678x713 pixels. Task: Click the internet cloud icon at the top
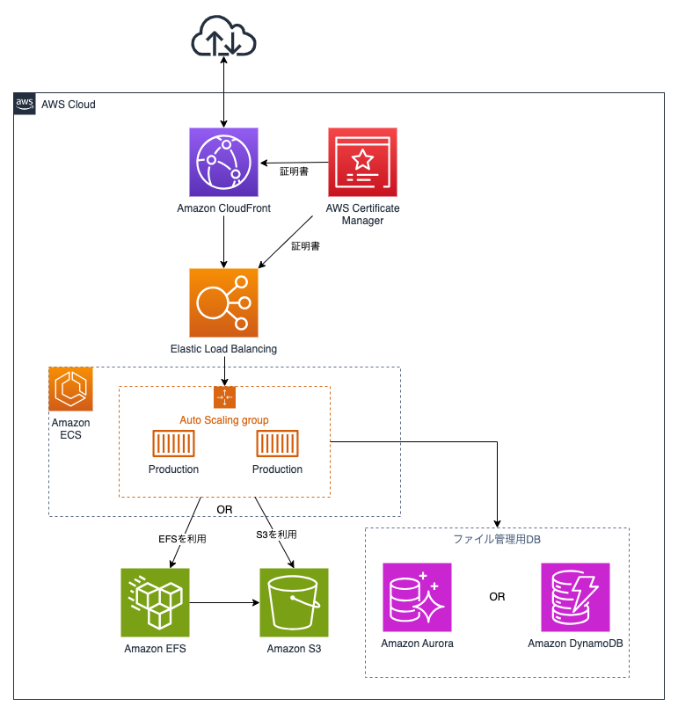(223, 39)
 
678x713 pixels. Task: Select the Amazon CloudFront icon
(223, 162)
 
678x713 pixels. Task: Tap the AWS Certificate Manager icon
(362, 162)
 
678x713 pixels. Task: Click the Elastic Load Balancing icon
(223, 303)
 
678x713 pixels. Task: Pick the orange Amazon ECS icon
(70, 389)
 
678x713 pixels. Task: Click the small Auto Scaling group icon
(224, 397)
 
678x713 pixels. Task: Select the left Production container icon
(173, 445)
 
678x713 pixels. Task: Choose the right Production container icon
(277, 445)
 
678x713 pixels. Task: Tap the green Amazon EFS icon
(155, 602)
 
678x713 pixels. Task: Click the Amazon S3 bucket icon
(294, 602)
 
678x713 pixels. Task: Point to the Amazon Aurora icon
(417, 597)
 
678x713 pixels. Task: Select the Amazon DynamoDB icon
(574, 597)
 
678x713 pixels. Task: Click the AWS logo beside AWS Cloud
(25, 104)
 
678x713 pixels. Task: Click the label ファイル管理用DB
(497, 539)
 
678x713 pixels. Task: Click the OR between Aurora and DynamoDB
(497, 597)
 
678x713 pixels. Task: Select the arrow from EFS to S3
(223, 602)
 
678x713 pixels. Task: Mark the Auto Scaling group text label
(224, 420)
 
